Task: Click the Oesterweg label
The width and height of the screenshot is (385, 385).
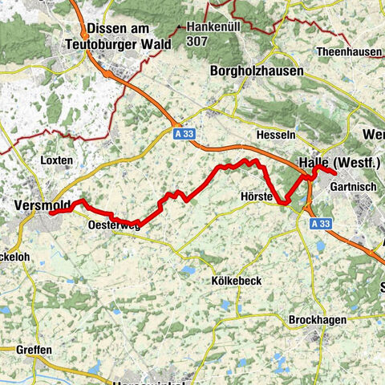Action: pyautogui.click(x=111, y=226)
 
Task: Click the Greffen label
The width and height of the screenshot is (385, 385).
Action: pyautogui.click(x=33, y=350)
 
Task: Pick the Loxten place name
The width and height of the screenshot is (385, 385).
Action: pyautogui.click(x=55, y=160)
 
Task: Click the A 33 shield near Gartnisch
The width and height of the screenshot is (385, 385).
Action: pyautogui.click(x=320, y=224)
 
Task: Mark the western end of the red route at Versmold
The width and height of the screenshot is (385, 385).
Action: pyautogui.click(x=51, y=213)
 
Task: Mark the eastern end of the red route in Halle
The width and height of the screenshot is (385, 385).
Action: pyautogui.click(x=334, y=173)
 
